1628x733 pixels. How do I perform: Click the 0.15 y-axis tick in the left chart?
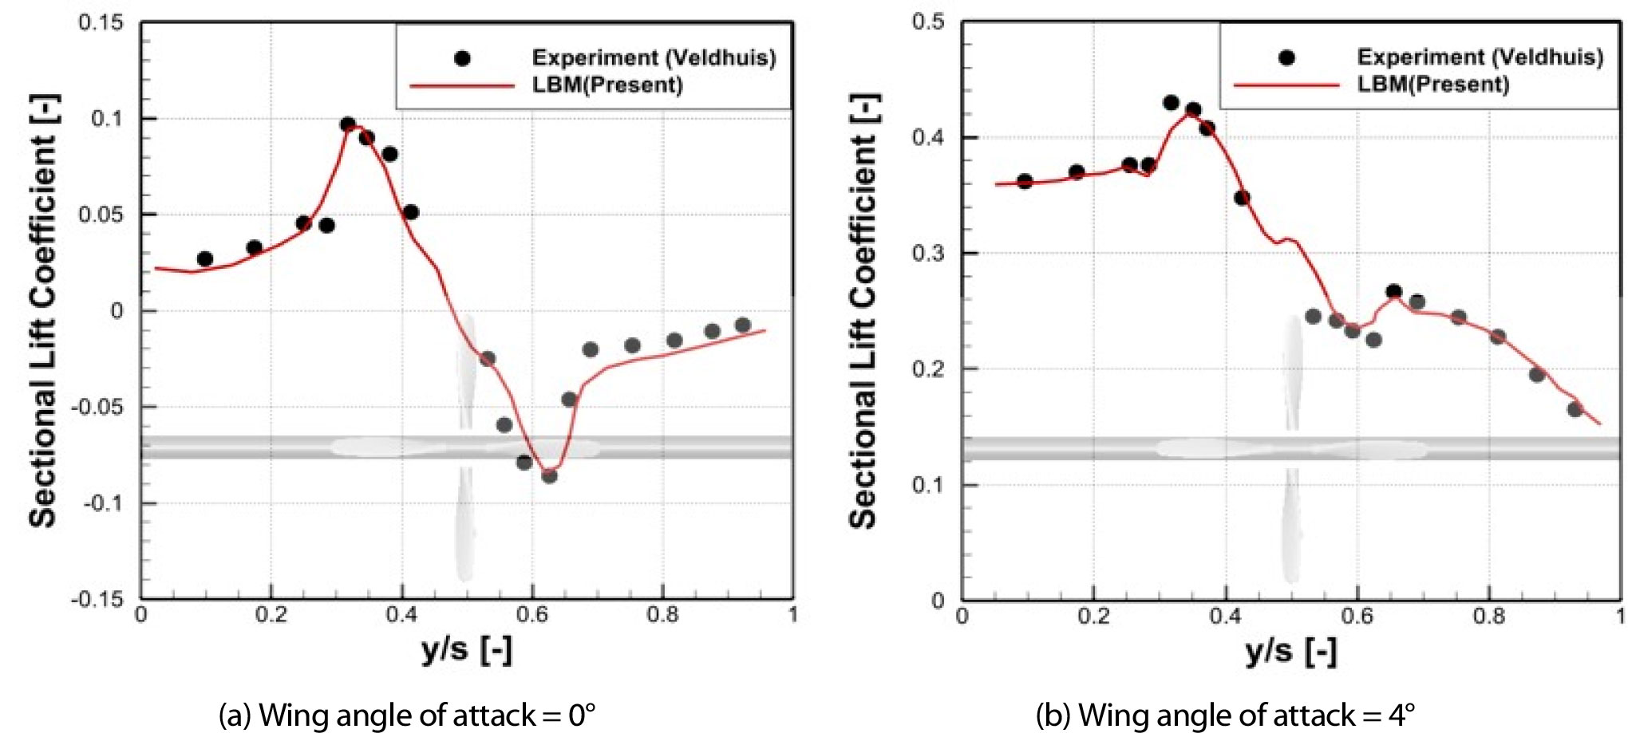click(101, 22)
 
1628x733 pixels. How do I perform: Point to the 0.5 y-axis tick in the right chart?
click(928, 22)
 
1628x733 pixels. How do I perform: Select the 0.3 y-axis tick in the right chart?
click(928, 253)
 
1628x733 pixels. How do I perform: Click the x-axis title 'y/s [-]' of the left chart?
click(467, 650)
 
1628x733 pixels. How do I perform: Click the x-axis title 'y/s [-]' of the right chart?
click(1290, 652)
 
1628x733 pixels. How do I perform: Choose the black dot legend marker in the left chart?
click(462, 58)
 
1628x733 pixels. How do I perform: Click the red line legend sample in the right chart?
click(1286, 85)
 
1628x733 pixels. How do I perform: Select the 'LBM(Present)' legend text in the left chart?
click(607, 85)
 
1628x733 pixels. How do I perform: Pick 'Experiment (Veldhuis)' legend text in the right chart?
click(1480, 57)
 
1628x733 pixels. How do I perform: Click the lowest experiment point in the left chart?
click(549, 475)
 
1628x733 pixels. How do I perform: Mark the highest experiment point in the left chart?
click(348, 124)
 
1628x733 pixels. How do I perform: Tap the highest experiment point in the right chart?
click(1171, 103)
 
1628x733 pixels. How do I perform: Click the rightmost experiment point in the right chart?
click(1575, 409)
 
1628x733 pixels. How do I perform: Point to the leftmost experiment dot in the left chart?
click(205, 258)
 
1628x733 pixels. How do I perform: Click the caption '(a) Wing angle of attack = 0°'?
click(407, 715)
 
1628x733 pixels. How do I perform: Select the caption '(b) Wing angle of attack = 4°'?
click(1225, 715)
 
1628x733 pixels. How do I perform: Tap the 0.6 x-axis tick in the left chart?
click(532, 615)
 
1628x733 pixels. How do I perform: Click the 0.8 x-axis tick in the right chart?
click(1488, 616)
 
